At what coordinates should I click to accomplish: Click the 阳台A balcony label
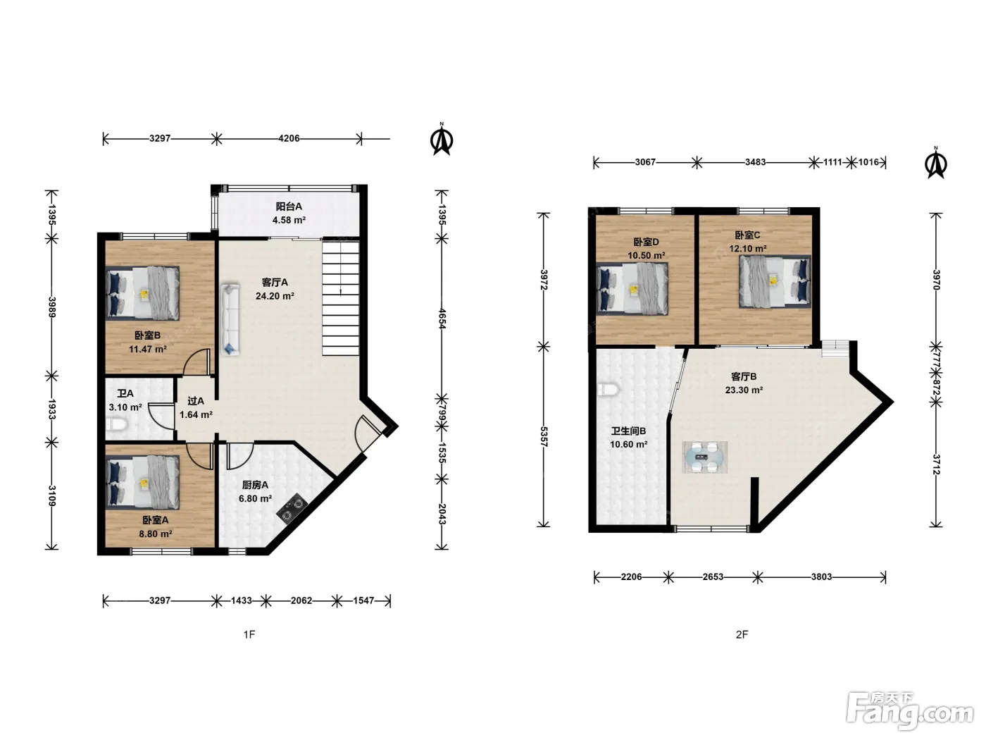288,206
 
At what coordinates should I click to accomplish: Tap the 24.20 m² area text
275,296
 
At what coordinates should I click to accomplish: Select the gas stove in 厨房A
292,509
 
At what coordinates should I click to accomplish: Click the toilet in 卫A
118,424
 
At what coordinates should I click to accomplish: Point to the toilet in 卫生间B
609,390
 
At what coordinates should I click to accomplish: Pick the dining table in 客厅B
705,457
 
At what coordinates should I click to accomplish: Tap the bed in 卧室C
775,282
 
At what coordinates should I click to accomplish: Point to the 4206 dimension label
289,138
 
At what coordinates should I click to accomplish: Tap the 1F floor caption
249,634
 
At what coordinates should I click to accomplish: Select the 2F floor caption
742,634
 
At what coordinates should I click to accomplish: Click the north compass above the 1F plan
442,139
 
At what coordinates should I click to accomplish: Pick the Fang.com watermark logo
910,710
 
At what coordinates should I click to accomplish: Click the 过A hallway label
196,401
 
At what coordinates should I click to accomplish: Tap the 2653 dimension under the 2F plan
713,577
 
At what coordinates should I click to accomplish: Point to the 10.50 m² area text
646,256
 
